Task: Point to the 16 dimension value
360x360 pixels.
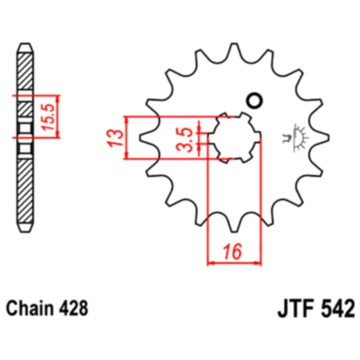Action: tap(235, 252)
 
